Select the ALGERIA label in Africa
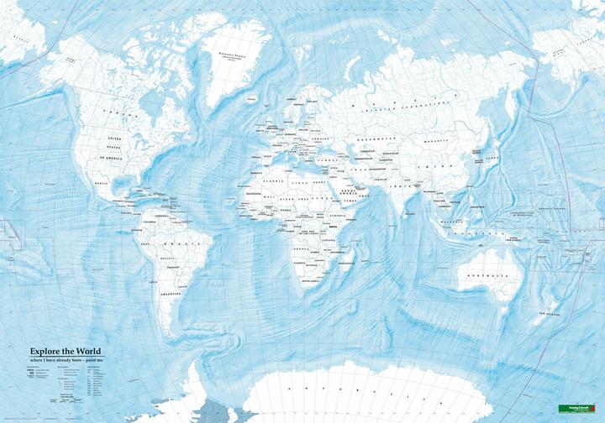pyautogui.click(x=275, y=180)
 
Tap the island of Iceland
pyautogui.click(x=252, y=98)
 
